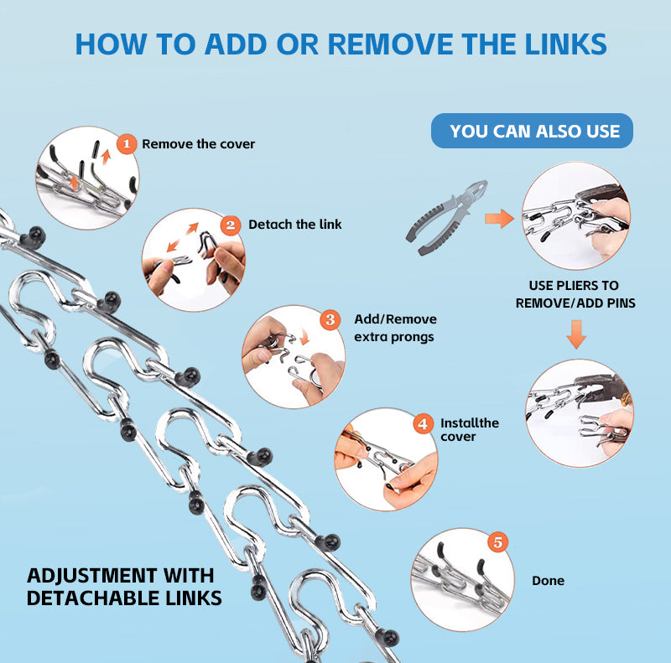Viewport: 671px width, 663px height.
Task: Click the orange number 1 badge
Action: coord(126,144)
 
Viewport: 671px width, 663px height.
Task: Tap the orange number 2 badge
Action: coord(231,225)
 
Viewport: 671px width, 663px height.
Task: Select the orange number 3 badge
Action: coord(330,319)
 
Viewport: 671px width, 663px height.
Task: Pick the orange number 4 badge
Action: coord(424,424)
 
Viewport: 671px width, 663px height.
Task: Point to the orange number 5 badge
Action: coord(498,542)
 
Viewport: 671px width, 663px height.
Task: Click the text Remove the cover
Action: coord(198,144)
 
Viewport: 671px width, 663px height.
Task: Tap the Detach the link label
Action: coord(294,225)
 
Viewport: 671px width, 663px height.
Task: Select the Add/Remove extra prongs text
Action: coord(394,328)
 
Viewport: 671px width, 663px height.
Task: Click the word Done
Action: coord(548,581)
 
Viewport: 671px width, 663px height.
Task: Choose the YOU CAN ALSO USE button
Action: coord(533,131)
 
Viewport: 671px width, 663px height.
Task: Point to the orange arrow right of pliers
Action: coord(500,219)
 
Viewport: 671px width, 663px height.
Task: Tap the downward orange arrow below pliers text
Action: coord(576,334)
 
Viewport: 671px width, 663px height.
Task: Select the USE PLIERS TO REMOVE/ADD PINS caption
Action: coord(575,294)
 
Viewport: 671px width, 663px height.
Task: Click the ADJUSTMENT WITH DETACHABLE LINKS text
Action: coord(124,587)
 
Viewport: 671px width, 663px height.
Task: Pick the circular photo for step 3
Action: coord(293,356)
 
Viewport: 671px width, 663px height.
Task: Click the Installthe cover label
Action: coord(469,430)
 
